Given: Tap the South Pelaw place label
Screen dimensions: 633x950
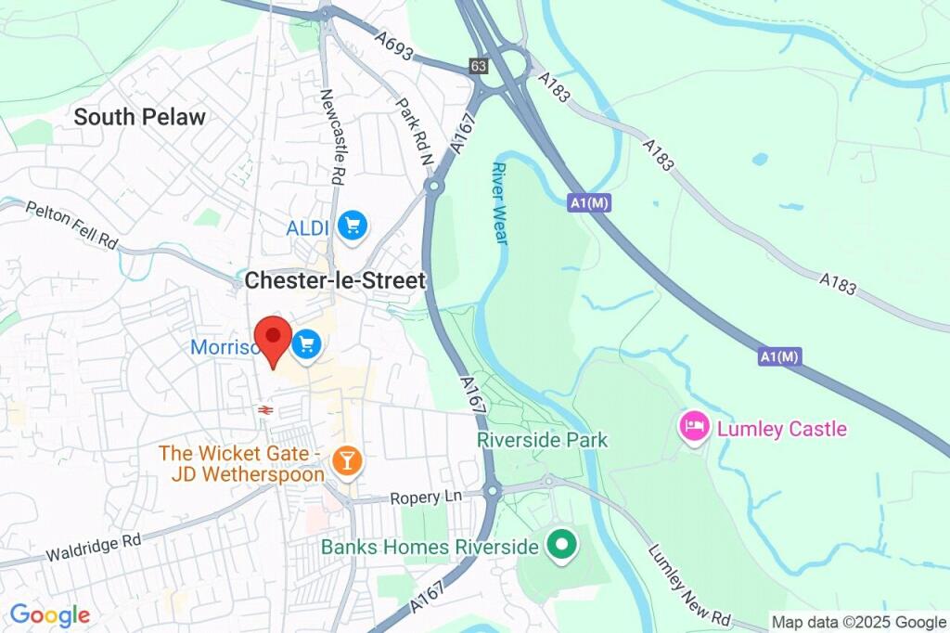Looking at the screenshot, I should click(139, 117).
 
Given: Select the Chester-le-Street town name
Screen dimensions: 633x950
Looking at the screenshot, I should click(335, 280).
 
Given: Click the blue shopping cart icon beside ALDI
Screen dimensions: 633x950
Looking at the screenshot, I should click(353, 226).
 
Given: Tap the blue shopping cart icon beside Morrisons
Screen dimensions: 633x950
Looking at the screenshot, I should click(306, 346).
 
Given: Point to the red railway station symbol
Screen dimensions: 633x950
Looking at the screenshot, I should click(264, 409).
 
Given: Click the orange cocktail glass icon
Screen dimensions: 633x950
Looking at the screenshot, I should click(346, 461).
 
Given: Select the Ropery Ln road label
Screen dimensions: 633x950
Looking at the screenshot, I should click(425, 497).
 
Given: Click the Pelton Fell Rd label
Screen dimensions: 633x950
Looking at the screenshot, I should click(72, 226).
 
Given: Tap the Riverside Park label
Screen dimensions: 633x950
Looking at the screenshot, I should click(542, 440).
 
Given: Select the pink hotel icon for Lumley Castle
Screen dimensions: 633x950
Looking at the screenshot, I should click(695, 428).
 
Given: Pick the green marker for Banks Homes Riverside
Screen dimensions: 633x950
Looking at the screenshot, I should click(559, 547).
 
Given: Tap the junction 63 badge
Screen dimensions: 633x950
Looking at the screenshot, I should click(479, 66).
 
